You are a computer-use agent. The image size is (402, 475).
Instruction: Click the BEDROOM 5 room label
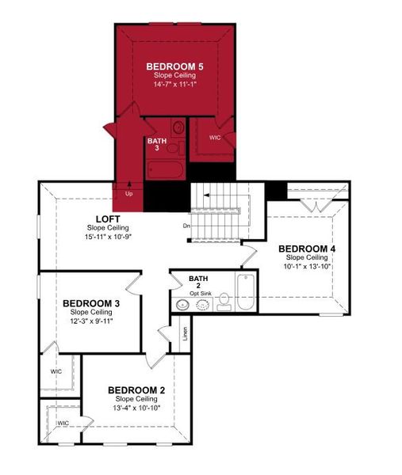174,66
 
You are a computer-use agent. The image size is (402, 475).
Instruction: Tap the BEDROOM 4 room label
307,249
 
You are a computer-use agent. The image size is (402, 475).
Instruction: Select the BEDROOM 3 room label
91,303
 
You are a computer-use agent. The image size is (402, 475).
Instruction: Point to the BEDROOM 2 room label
136,389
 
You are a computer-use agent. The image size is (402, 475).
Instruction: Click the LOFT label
107,218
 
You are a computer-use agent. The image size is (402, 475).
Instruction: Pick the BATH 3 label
156,145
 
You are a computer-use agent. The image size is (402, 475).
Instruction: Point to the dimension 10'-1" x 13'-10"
307,266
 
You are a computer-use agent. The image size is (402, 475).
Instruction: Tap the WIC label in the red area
215,137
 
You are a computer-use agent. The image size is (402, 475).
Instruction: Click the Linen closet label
185,332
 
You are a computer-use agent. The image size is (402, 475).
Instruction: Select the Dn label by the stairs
186,226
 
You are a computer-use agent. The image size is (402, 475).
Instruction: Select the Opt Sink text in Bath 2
200,293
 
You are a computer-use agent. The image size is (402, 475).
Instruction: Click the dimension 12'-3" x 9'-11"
91,321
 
